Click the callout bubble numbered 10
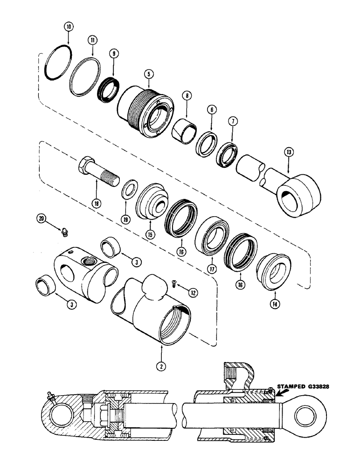click(69, 27)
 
